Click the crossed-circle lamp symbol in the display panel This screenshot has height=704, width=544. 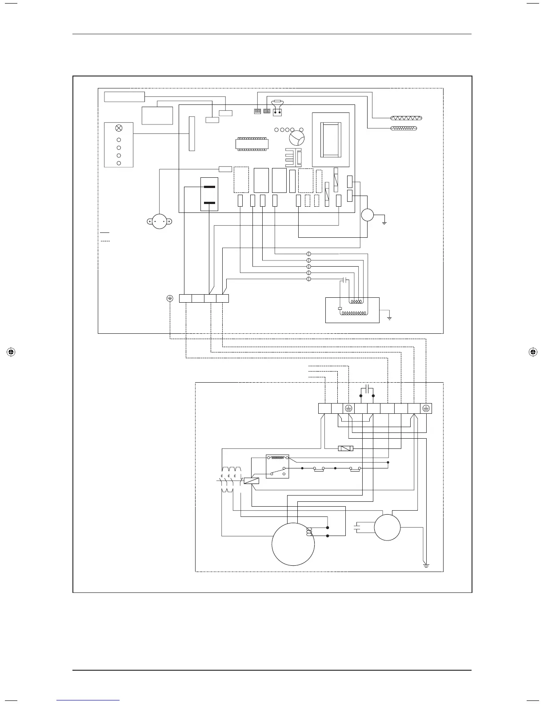[x=119, y=128]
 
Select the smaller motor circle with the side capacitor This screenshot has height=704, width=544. [x=387, y=527]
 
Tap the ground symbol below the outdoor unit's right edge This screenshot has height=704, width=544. [x=426, y=565]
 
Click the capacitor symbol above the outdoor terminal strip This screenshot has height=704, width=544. [x=367, y=388]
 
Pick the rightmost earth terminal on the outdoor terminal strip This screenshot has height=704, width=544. [x=426, y=408]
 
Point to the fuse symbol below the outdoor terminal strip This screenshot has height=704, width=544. [x=346, y=448]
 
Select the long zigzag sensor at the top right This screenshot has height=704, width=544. [x=406, y=118]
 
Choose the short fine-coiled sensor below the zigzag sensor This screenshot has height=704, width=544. [x=403, y=128]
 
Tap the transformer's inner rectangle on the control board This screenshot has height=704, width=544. [x=330, y=139]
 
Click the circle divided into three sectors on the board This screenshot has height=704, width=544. [x=296, y=137]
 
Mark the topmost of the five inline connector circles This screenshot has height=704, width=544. [x=309, y=254]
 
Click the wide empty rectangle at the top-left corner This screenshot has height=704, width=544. [x=124, y=96]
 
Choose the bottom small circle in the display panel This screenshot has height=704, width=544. [x=119, y=163]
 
